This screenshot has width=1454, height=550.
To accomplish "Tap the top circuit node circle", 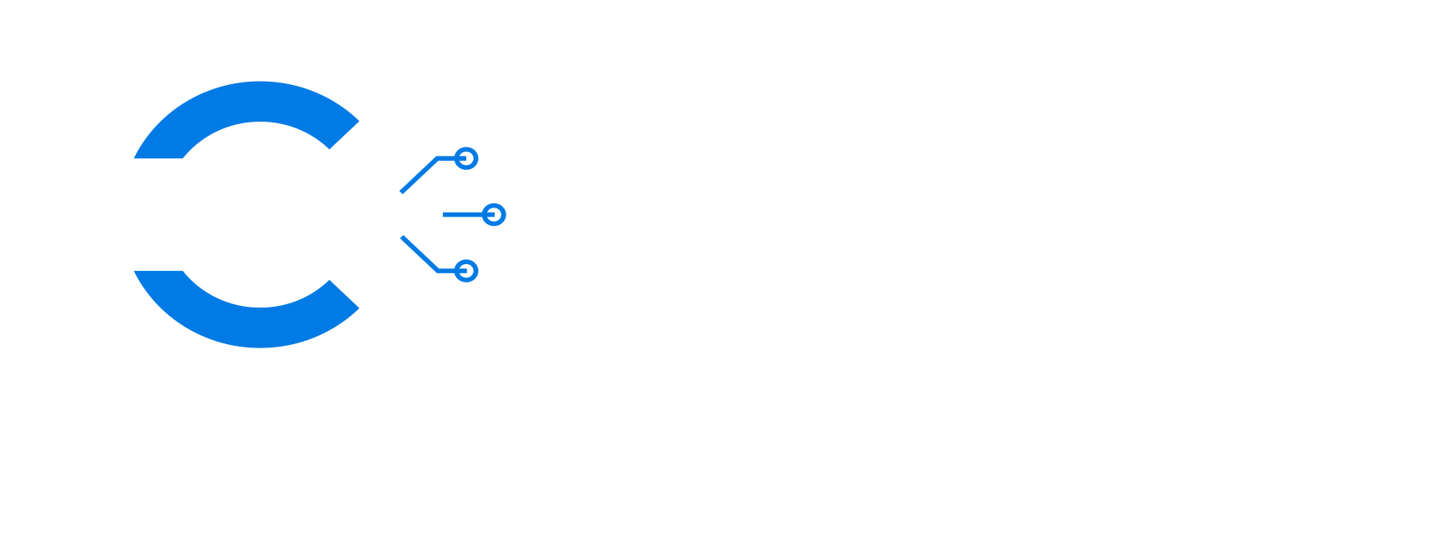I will [466, 158].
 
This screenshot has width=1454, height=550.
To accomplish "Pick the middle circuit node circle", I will [494, 214].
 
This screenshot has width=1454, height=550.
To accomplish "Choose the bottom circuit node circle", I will [466, 271].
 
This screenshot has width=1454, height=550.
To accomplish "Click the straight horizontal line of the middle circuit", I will [463, 214].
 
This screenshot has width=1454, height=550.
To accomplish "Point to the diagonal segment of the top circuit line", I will [418, 175].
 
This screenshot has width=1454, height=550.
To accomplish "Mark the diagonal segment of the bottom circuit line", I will [418, 254].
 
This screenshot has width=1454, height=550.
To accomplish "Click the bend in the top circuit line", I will [436, 158].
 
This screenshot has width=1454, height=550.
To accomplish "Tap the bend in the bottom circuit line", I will [436, 271].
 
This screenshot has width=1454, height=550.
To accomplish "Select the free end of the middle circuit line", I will [445, 214].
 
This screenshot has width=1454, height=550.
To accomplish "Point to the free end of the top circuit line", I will [401, 192].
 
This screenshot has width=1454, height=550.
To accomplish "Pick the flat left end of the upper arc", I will [158, 157].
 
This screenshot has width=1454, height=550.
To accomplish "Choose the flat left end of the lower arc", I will [158, 272].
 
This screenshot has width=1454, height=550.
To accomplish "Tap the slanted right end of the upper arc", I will [345, 135].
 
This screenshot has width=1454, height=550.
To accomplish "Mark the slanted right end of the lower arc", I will [345, 294].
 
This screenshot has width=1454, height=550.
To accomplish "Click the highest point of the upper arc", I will [260, 82].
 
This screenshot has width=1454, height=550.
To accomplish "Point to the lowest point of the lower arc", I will [260, 347].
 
